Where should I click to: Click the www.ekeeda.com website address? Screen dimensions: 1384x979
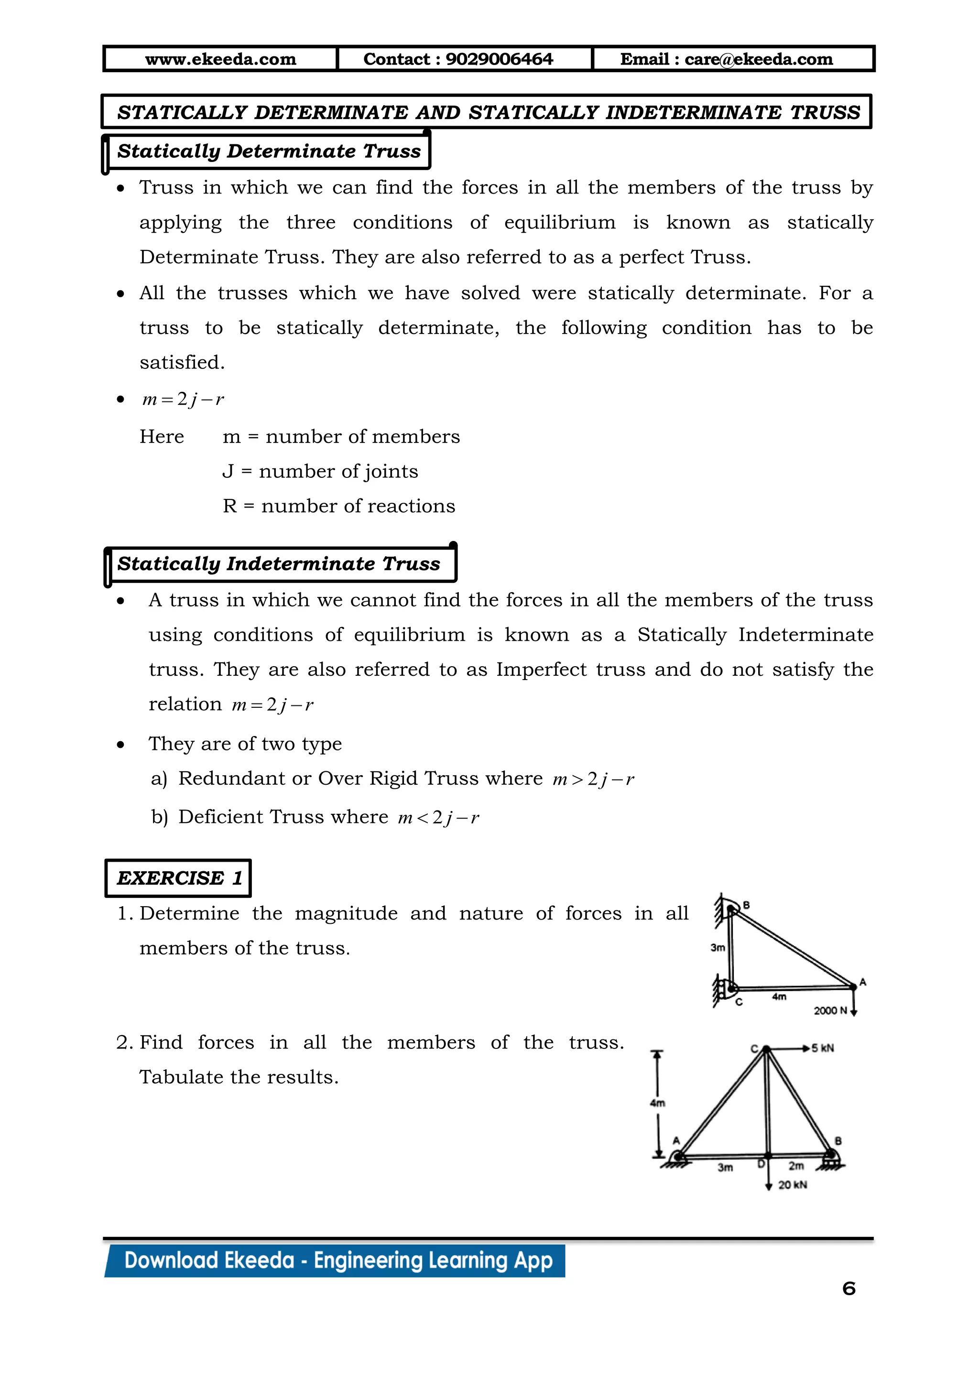pyautogui.click(x=221, y=59)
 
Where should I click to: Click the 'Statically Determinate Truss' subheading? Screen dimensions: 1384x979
pyautogui.click(x=269, y=151)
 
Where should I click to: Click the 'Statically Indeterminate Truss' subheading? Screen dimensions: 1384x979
pyautogui.click(x=279, y=563)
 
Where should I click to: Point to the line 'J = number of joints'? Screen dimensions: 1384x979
pyautogui.click(x=320, y=471)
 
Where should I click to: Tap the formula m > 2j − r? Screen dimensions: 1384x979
pyautogui.click(x=593, y=779)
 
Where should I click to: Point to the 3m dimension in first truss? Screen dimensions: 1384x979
pyautogui.click(x=718, y=948)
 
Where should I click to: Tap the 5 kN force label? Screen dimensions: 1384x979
pyautogui.click(x=822, y=1048)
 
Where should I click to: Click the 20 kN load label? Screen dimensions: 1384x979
pyautogui.click(x=792, y=1185)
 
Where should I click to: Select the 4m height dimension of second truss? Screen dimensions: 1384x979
pyautogui.click(x=658, y=1103)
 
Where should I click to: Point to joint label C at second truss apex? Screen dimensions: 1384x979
pyautogui.click(x=753, y=1049)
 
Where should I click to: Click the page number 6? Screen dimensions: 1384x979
pyautogui.click(x=849, y=1289)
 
